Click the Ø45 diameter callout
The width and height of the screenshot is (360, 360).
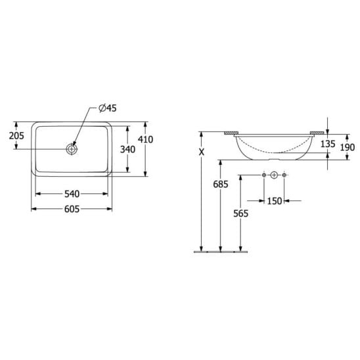point(108,108)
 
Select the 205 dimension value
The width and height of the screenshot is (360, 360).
point(16,136)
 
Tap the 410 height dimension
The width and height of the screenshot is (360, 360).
point(145,139)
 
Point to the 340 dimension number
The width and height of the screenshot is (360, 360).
point(127,150)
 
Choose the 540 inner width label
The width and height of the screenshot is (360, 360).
point(72,194)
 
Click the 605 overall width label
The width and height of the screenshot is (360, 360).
point(72,209)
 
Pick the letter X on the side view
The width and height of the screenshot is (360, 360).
point(202,152)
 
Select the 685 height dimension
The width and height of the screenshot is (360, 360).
point(221,184)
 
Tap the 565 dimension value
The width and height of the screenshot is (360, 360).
point(240,214)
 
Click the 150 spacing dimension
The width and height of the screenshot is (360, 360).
point(274,201)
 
